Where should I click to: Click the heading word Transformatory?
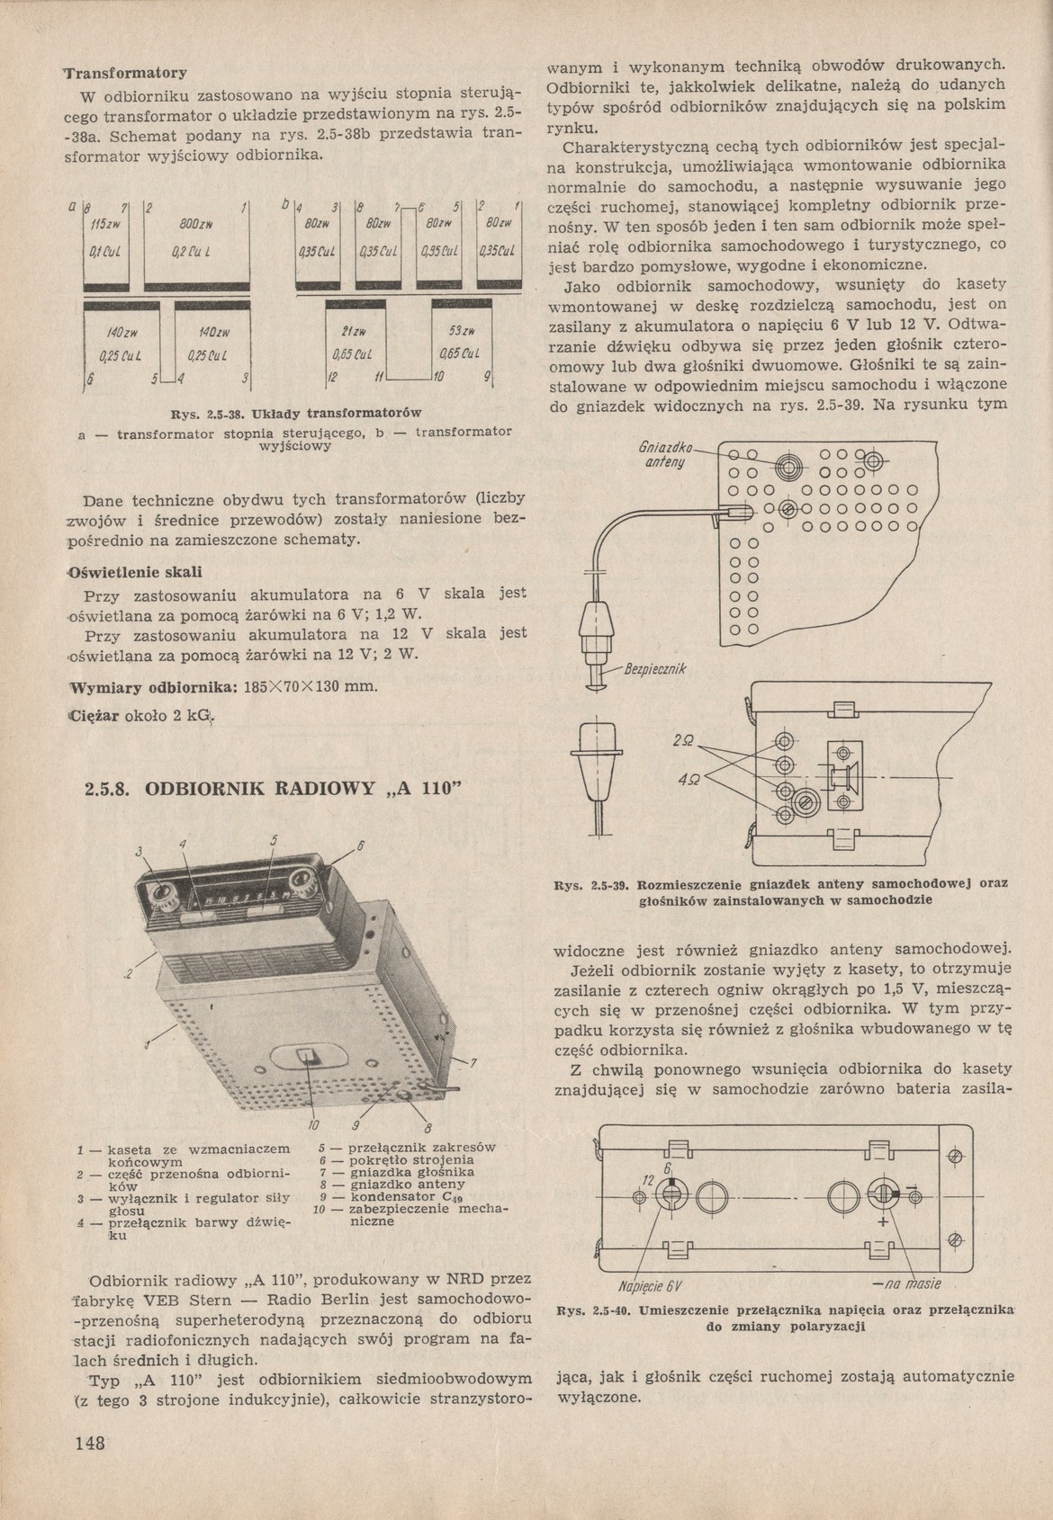click(x=125, y=72)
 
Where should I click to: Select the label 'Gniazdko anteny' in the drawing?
click(x=665, y=454)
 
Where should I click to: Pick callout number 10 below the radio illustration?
click(x=312, y=1124)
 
